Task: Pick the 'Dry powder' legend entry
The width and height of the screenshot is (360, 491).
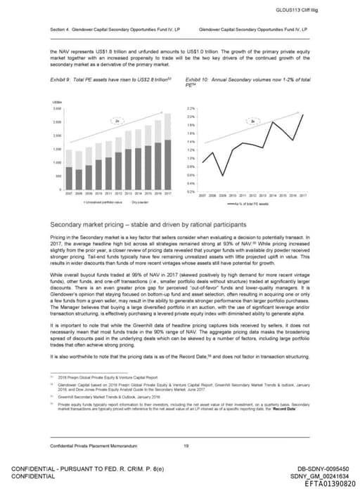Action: click(122, 201)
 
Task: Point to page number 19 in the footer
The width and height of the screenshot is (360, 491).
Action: click(185, 445)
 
